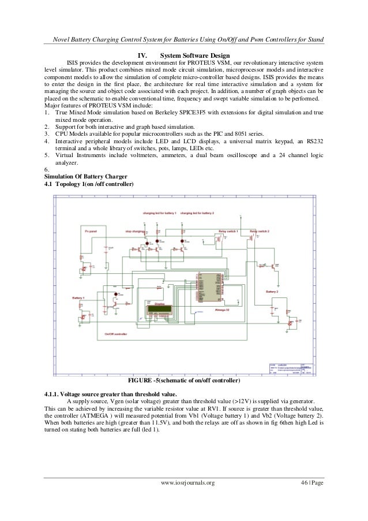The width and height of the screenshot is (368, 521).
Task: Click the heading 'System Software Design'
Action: [194, 55]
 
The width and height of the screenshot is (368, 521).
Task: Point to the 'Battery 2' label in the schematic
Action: [272, 292]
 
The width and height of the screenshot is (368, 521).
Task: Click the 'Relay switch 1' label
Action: [228, 230]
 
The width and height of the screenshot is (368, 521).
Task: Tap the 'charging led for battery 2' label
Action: [197, 213]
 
